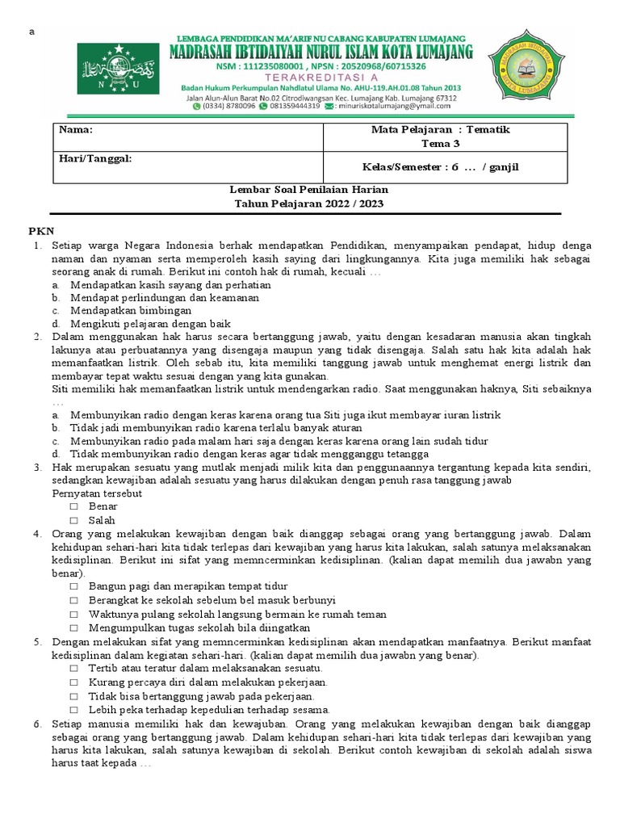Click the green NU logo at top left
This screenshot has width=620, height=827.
coord(113,69)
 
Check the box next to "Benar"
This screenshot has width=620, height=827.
coord(73,506)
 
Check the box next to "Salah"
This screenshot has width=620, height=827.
coord(73,521)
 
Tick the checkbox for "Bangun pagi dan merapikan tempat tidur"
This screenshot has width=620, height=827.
coord(73,586)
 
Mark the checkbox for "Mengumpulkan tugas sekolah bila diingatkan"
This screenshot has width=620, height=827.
coord(73,628)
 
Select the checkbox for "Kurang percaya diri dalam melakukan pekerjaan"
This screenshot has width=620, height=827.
coord(73,682)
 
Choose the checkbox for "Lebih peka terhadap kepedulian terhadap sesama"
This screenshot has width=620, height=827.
coord(73,710)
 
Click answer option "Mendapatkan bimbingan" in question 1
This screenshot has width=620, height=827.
coord(131,311)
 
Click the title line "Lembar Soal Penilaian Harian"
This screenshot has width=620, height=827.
coord(309,190)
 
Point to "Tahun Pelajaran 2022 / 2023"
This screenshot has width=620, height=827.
coord(309,204)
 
